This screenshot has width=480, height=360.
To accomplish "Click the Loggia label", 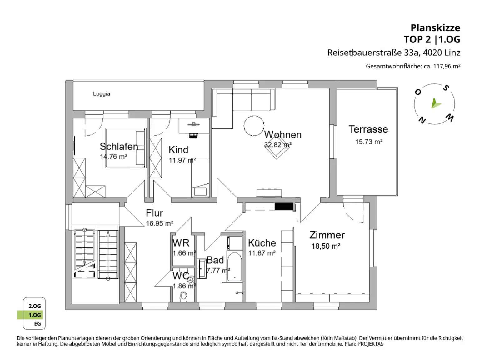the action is coord(102,94).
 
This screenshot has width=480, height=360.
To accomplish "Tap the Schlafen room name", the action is coord(119,146).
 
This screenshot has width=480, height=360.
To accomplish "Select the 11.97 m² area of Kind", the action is coord(182,160).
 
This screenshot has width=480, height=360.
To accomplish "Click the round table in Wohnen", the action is coord(254,126).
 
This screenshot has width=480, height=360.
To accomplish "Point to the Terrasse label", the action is coord(368,129).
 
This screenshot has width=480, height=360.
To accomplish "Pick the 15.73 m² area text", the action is coord(369,142).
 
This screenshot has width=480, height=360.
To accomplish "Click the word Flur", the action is coord(154,213).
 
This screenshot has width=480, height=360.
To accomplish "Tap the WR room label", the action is coord(181,243).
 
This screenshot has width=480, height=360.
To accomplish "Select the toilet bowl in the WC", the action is coord(184,297).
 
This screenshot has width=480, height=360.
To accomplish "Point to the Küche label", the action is coord(262,243).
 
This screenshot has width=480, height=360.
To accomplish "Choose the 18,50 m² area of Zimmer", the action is coord(326,246).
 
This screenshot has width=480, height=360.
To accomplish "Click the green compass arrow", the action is coord(436,103).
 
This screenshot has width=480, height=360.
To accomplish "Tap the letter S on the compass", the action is coord(446,88).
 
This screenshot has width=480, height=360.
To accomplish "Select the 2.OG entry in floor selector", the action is coord(35,306).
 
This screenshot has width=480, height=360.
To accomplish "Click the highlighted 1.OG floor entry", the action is coord(35,315).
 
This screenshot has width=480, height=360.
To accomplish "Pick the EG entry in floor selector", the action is coord(37,324).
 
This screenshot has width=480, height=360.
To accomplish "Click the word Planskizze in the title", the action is coord(435,28).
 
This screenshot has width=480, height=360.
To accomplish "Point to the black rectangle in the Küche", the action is coord(284,207).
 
